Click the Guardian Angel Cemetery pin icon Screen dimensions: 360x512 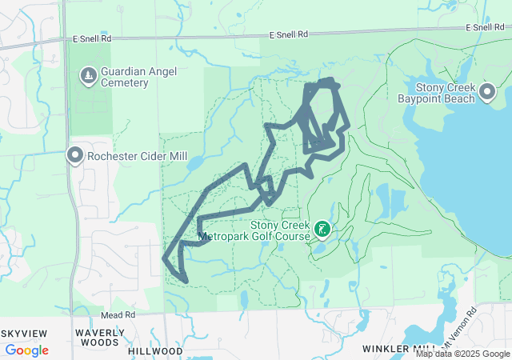coord(88,75)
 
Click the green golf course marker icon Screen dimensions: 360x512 coord(322,230)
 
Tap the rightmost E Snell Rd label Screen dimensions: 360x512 coord(488,27)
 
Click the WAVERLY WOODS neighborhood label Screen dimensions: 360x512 coord(100,337)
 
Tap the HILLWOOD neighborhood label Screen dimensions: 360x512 coord(155,350)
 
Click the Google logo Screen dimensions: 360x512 coord(26,350)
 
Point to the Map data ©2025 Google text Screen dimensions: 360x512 coord(462,354)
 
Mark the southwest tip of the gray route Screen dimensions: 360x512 coord(165,258)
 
